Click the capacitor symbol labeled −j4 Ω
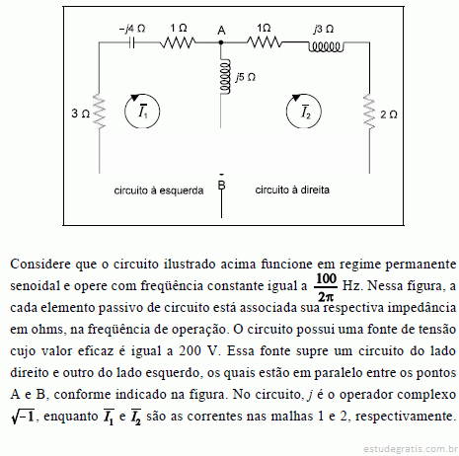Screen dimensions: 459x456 click(x=132, y=42)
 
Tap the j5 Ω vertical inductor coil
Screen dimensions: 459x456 click(x=225, y=76)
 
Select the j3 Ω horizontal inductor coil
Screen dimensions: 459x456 click(x=326, y=46)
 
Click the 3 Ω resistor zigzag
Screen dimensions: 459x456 click(x=100, y=112)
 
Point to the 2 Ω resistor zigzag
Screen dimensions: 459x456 click(x=369, y=112)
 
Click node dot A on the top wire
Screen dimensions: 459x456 click(x=221, y=42)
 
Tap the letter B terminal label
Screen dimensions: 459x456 click(x=221, y=186)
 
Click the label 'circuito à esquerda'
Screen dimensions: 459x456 click(x=159, y=190)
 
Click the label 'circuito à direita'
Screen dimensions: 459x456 click(x=292, y=190)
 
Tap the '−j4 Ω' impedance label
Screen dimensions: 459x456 click(x=132, y=29)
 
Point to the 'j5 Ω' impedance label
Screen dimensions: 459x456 click(x=246, y=77)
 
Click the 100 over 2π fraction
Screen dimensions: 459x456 click(x=326, y=287)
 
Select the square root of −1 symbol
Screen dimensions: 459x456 click(x=23, y=418)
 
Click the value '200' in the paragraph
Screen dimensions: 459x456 click(x=190, y=351)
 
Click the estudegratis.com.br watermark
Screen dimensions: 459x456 click(x=411, y=449)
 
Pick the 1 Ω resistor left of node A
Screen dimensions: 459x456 click(x=178, y=42)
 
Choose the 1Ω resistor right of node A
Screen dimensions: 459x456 click(x=265, y=42)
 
